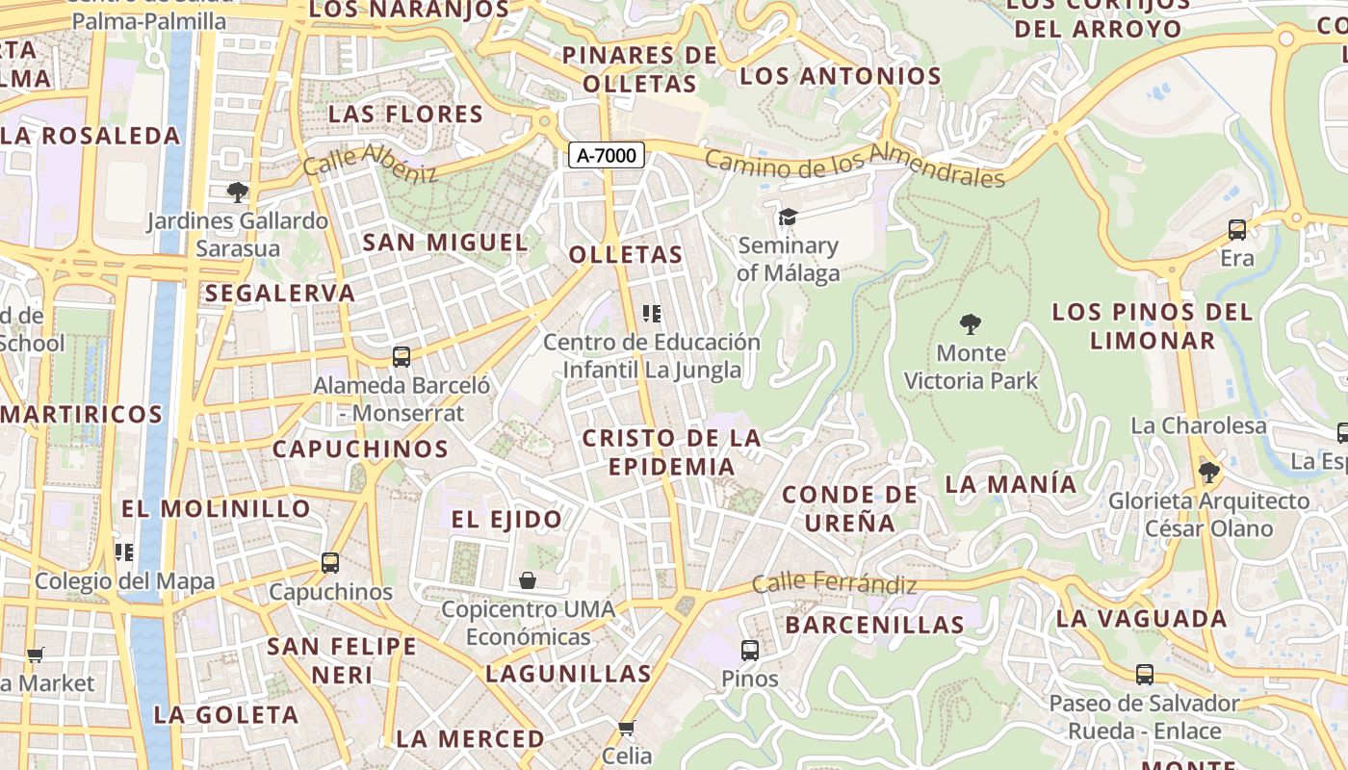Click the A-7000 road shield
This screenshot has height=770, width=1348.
click(x=606, y=154)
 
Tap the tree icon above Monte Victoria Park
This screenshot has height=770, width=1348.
click(x=971, y=323)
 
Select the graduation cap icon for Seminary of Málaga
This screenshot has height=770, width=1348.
click(x=788, y=217)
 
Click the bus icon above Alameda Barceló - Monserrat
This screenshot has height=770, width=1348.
click(x=402, y=357)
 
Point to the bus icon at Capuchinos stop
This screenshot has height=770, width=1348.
click(x=330, y=563)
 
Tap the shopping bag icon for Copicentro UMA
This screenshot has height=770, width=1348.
click(x=528, y=580)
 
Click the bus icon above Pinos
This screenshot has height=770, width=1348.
click(x=750, y=651)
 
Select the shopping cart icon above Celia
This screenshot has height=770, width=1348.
click(x=627, y=728)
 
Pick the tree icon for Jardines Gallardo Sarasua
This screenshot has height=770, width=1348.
click(x=237, y=192)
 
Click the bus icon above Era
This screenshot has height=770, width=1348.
click(x=1237, y=230)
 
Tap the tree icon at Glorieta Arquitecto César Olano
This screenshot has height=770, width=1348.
click(x=1208, y=473)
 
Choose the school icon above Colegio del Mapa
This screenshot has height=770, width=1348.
click(x=123, y=552)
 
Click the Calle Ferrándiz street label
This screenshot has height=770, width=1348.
click(x=834, y=582)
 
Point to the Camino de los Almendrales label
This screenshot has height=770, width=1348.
click(x=855, y=165)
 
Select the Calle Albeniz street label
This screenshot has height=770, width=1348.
click(x=370, y=163)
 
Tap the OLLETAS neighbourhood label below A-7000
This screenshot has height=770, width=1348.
click(x=626, y=255)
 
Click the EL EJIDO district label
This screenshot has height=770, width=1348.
click(x=506, y=520)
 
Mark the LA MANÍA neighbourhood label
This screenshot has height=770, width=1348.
click(x=1011, y=483)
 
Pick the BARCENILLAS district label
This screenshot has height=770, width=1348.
click(x=874, y=625)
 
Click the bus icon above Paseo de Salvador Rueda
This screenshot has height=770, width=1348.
click(x=1145, y=675)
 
